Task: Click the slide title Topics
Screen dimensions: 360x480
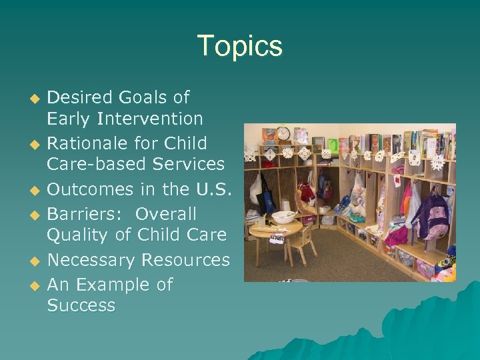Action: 240,47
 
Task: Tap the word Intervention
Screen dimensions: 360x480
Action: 149,119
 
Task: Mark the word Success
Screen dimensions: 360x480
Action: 81,306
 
